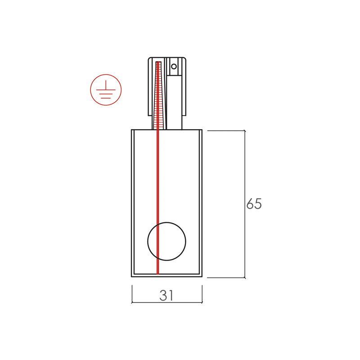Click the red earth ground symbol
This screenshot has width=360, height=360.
(106, 90)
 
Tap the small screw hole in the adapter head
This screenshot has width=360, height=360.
(174, 67)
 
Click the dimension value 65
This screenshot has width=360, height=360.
(254, 204)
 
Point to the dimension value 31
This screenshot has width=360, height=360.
(166, 295)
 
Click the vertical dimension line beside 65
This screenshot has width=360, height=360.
(245, 204)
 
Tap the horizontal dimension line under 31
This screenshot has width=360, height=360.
(167, 302)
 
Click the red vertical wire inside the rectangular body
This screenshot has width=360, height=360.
(158, 202)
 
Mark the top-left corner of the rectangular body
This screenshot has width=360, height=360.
(131, 130)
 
